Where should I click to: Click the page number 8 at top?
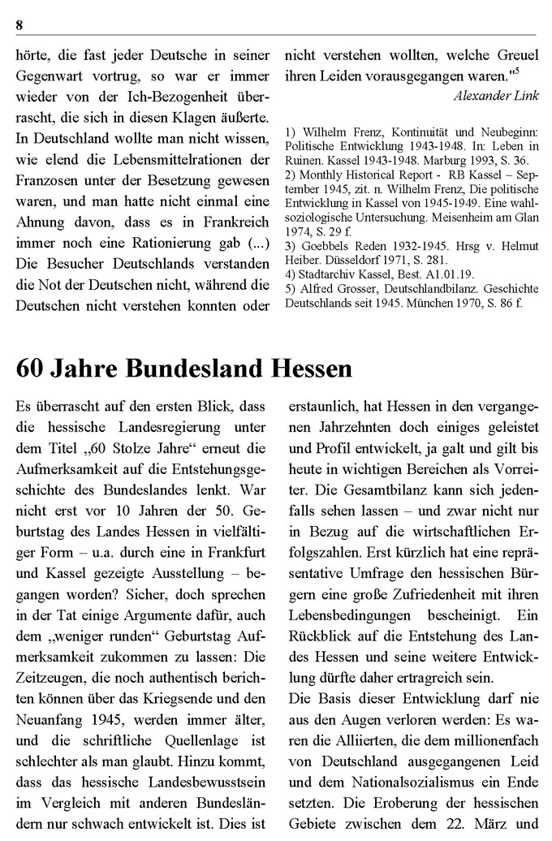19,25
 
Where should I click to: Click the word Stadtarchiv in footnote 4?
326,274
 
